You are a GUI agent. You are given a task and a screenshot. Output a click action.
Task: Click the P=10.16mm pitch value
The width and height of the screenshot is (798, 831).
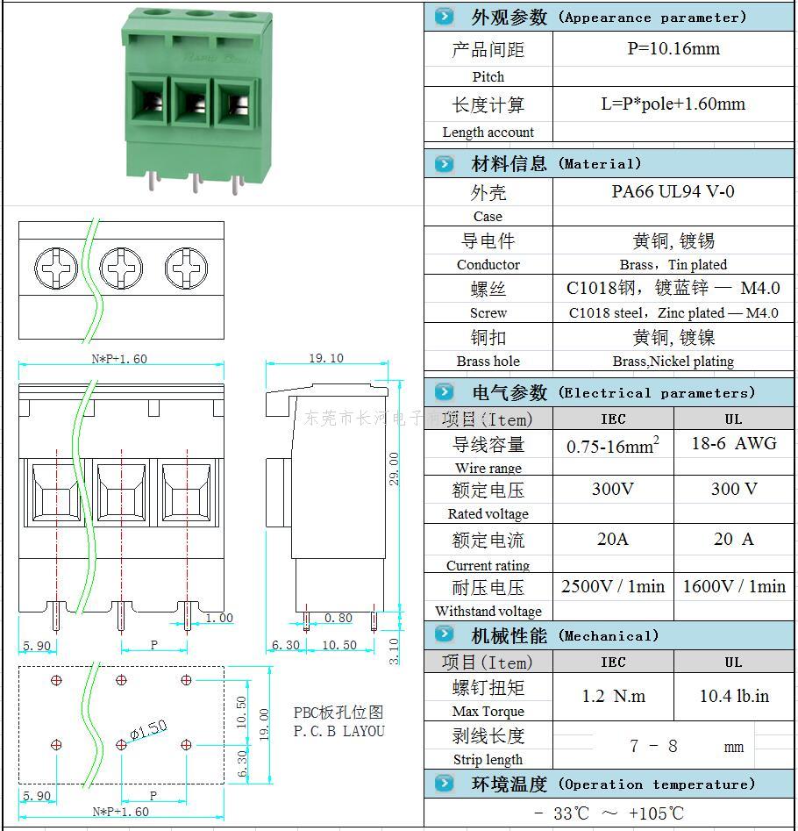point(673,49)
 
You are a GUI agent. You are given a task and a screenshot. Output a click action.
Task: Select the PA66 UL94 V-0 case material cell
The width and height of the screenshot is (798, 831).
point(673,191)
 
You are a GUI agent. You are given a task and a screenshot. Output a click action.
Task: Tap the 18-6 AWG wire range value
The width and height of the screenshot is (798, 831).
point(733,443)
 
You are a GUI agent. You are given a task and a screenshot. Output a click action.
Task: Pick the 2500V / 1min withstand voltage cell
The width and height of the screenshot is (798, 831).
point(613,586)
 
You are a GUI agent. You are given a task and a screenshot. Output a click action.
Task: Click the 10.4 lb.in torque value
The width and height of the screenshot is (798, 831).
point(733,696)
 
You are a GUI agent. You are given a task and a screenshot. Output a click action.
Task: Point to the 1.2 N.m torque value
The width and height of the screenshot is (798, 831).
point(613,696)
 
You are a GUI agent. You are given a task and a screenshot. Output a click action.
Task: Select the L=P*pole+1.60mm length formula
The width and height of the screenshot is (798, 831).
point(673,104)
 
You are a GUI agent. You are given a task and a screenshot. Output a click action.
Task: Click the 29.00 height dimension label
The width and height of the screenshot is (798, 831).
point(395,469)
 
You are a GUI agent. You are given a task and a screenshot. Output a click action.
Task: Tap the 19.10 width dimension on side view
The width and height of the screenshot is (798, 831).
point(325,358)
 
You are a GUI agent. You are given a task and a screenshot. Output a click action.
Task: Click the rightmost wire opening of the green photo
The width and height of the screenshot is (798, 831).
point(233,107)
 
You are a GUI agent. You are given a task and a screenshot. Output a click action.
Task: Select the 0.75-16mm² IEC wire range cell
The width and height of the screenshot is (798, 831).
point(613,445)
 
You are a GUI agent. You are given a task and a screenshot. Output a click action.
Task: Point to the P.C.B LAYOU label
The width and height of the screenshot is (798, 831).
point(338,731)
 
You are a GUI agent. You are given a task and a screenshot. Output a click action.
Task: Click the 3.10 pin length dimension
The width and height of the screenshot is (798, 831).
point(394,650)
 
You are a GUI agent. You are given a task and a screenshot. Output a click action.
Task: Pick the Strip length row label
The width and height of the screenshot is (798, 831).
point(488,760)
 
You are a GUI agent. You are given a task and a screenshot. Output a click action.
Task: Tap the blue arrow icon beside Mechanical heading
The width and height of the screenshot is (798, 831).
point(445,634)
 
